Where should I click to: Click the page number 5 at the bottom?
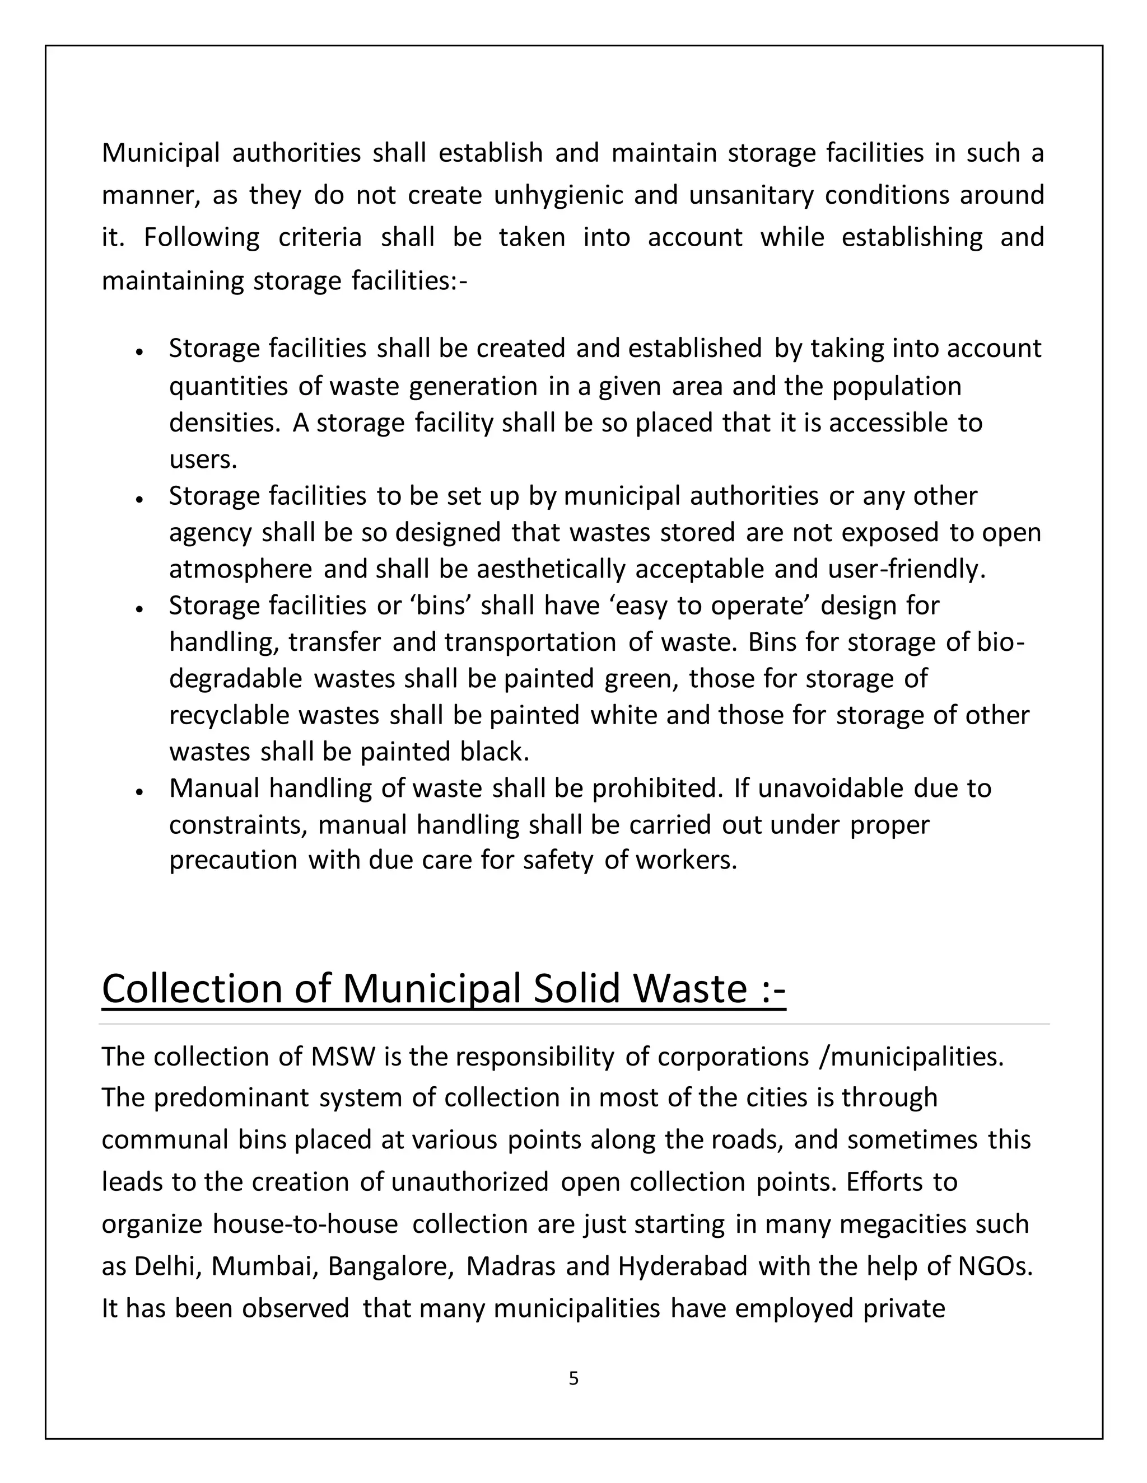coord(573,1378)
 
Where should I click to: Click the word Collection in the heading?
coord(192,989)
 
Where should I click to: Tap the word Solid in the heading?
coord(577,989)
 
